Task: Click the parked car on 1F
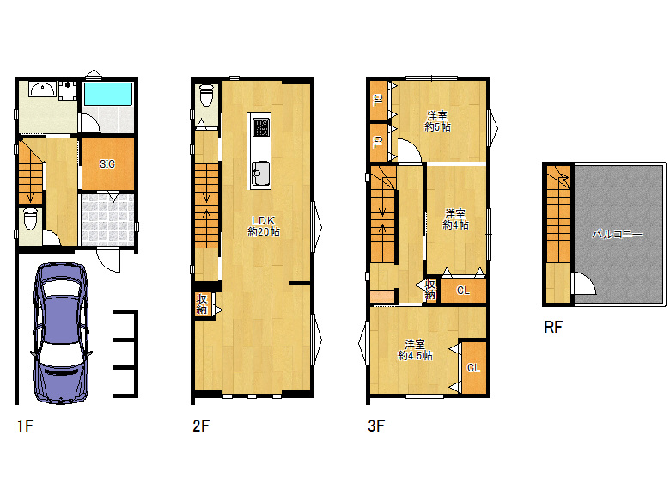point(61,334)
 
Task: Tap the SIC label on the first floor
point(107,164)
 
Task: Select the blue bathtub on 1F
point(108,94)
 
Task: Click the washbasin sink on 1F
point(42,89)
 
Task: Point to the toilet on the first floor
point(30,219)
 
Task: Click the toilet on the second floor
point(207,95)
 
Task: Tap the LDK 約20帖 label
point(264,226)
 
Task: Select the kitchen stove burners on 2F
point(260,127)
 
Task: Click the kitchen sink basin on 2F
point(259,172)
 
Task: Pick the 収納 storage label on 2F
point(202,304)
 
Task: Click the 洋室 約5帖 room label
point(437,121)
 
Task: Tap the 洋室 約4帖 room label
point(455,219)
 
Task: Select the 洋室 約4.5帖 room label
point(415,350)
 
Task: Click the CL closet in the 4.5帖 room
point(473,367)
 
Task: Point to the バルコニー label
point(617,235)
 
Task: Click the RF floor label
point(553,328)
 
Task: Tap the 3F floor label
point(376,426)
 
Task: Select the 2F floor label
point(201,426)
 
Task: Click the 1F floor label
point(25,426)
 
